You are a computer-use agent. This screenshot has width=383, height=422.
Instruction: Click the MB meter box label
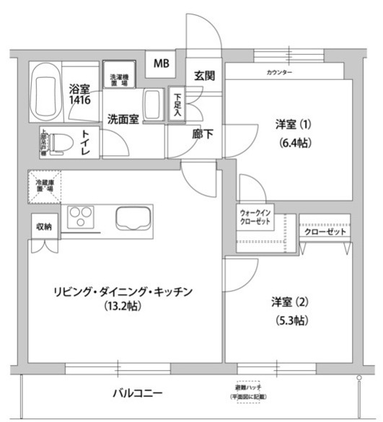click(161, 63)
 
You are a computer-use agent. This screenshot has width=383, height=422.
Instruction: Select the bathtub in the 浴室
click(47, 92)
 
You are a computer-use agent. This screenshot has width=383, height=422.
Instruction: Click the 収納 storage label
click(43, 227)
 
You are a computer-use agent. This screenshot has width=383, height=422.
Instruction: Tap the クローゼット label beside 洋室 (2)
click(325, 232)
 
